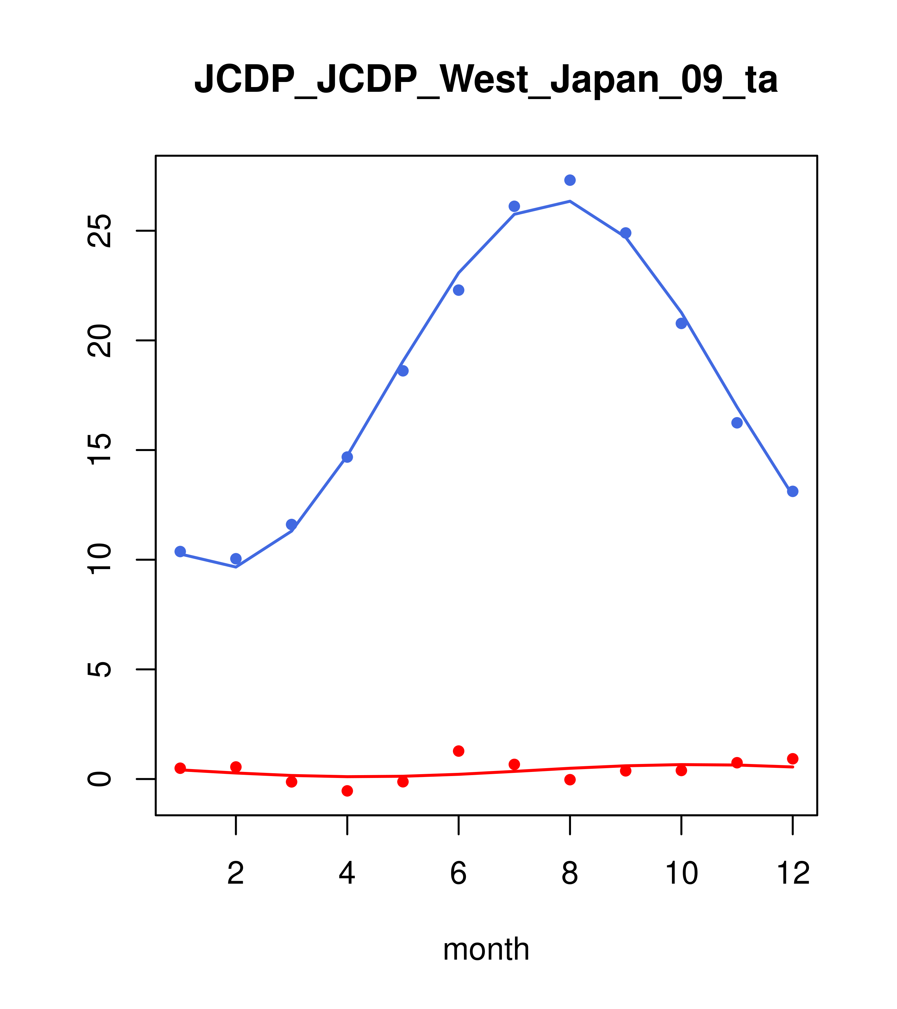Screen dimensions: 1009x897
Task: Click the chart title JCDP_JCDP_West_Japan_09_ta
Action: [x=486, y=79]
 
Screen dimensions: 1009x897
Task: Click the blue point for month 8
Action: [x=570, y=180]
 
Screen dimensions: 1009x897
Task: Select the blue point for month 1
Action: [x=180, y=551]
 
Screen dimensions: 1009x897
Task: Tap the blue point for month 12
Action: [x=793, y=491]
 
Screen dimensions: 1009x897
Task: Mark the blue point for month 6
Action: [x=459, y=290]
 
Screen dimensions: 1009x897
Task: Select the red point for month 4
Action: [x=348, y=791]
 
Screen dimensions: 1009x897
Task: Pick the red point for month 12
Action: [x=793, y=759]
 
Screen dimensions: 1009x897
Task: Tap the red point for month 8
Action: [x=570, y=780]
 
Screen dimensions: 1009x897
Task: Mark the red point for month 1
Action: [x=180, y=768]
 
